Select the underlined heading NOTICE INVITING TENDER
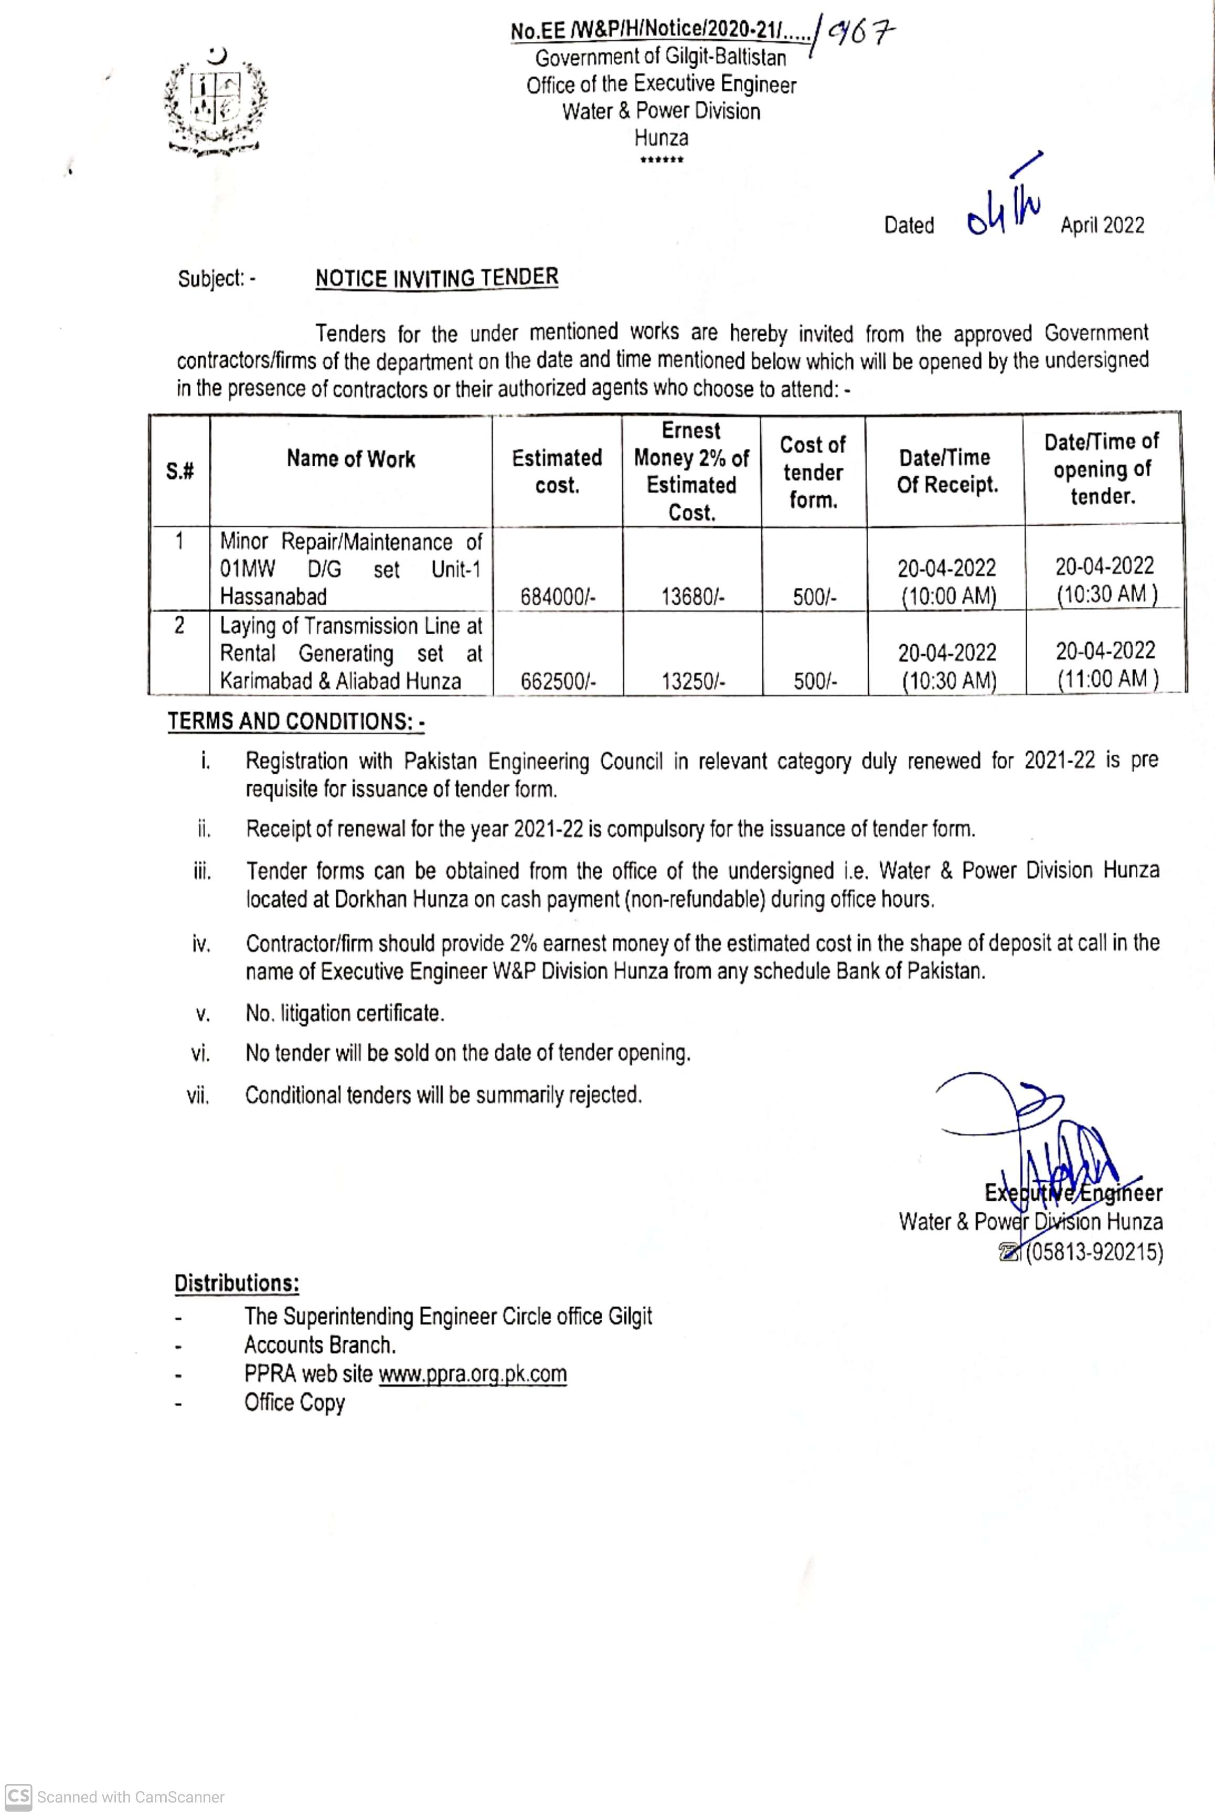click(436, 277)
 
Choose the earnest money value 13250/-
click(692, 682)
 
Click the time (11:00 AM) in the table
click(1107, 679)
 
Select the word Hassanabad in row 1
click(273, 596)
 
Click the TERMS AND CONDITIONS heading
click(295, 721)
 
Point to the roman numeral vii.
click(198, 1095)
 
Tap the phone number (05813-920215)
click(1094, 1252)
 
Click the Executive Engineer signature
click(1038, 1147)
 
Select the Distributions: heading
click(236, 1284)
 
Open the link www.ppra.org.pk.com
click(472, 1374)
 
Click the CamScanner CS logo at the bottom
click(18, 1796)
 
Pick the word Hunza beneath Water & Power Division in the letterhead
click(661, 138)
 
